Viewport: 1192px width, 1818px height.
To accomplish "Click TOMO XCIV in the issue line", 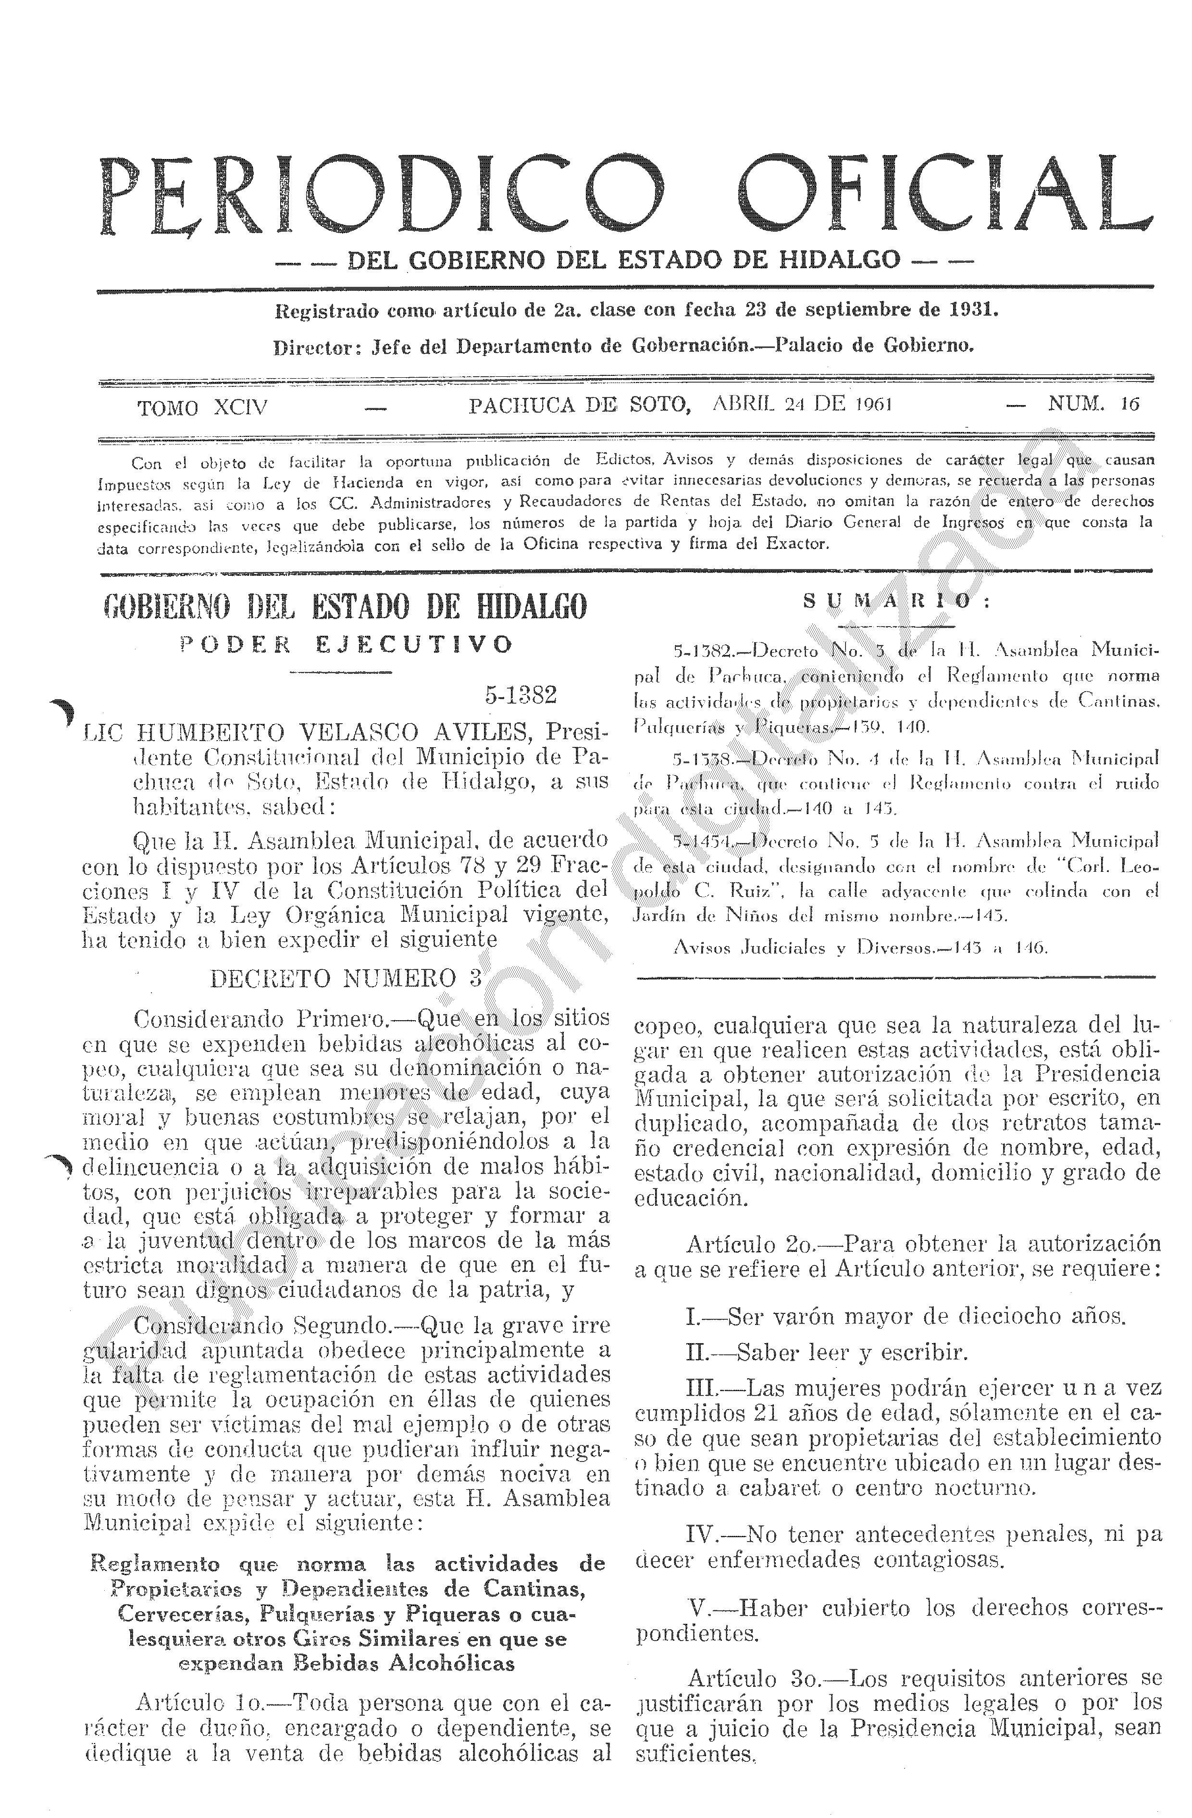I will click(202, 407).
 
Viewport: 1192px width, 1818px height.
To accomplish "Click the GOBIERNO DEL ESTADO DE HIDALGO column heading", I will click(346, 608).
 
